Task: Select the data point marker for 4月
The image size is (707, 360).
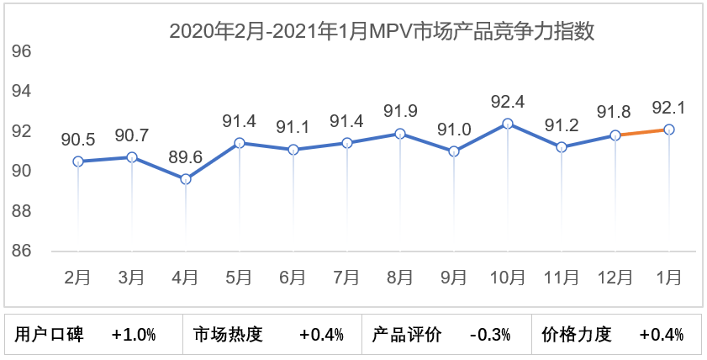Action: tap(186, 179)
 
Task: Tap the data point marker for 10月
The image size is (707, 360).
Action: tap(507, 124)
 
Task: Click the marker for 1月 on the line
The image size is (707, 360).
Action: tap(669, 130)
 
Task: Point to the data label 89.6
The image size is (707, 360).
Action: tap(186, 158)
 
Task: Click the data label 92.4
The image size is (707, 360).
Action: tap(507, 103)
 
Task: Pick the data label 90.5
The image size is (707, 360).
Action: tap(78, 140)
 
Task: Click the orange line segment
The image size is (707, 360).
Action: tap(642, 132)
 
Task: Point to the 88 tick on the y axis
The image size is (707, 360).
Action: tap(22, 211)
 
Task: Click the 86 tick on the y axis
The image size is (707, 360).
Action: tap(22, 251)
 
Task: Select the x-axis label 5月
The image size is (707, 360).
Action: tap(239, 276)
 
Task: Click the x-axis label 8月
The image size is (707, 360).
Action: tap(400, 276)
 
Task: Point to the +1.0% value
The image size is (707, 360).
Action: tap(134, 335)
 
